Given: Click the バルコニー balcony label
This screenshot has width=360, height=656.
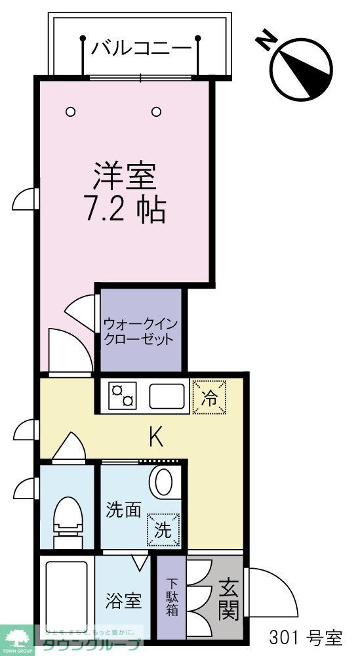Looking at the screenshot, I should point(141,48).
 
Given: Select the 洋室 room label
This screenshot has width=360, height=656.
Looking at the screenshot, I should point(124,176).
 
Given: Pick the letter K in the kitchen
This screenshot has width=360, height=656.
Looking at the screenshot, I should point(156,436).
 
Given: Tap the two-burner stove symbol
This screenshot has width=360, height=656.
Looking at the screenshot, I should point(122,396).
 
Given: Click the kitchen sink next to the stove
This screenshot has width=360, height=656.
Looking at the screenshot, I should point(168,396).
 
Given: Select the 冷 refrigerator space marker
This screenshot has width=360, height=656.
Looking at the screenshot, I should point(209,398).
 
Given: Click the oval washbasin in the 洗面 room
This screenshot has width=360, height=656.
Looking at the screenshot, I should point(161,483).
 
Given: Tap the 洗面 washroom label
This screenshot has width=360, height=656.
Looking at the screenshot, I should point(124,510).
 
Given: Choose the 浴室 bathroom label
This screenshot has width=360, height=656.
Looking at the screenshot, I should point(124,600).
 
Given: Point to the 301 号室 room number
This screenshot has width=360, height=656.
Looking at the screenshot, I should point(306,636).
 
